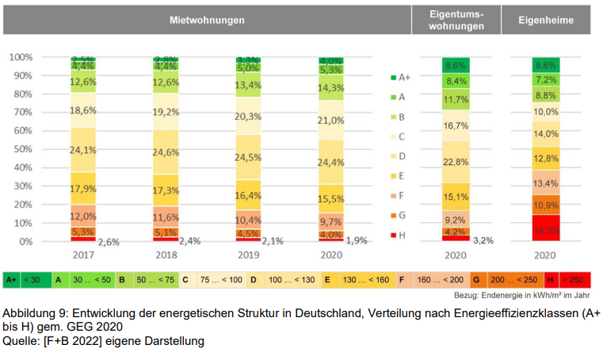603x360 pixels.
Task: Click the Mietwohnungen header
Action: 206,19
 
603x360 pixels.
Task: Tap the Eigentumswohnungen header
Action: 456,19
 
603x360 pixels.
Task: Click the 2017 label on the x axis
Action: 83,256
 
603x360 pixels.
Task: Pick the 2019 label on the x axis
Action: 247,256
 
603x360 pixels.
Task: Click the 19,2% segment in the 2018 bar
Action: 166,112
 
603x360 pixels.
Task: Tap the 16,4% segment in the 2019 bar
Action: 247,195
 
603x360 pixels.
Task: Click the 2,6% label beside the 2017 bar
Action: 109,241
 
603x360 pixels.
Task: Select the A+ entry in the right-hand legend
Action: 400,78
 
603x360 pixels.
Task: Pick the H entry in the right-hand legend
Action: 400,235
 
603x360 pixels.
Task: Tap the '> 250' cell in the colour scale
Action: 575,280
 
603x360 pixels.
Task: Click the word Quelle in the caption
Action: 20,341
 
